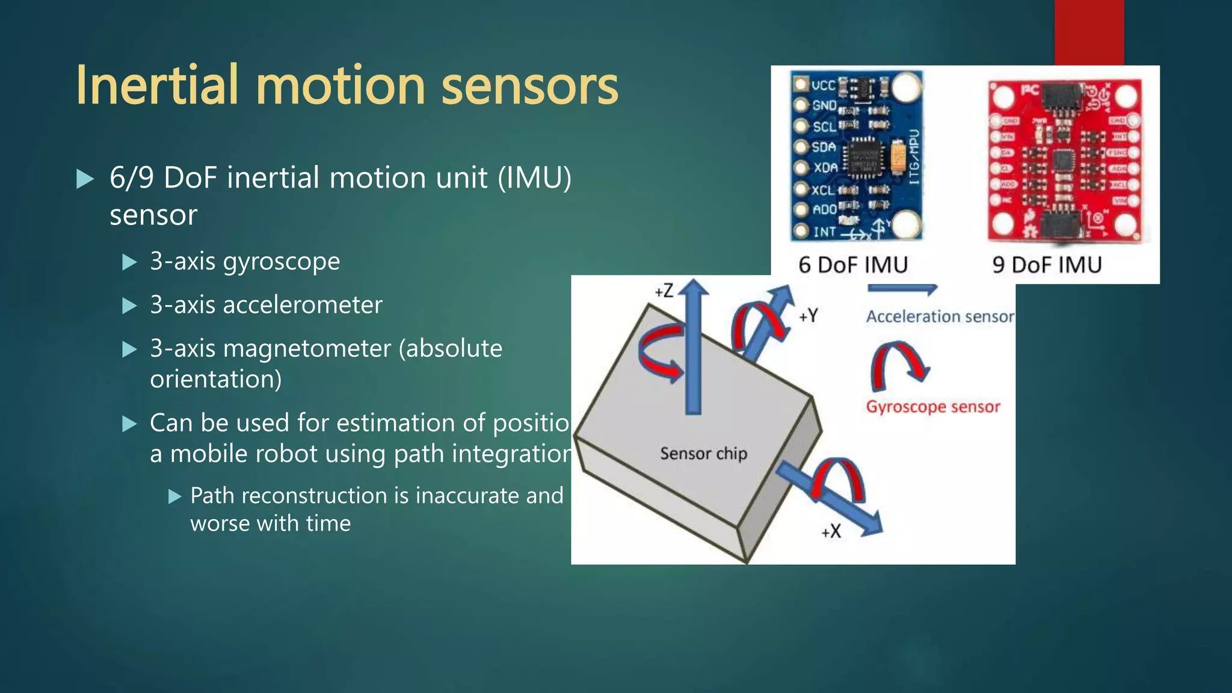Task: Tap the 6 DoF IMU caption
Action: [852, 265]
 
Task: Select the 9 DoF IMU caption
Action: [1047, 265]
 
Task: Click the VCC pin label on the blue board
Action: [823, 85]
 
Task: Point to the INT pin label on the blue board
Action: [824, 232]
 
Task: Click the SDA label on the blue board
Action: [824, 147]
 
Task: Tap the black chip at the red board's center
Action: [1063, 160]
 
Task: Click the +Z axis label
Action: [664, 291]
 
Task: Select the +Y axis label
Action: [808, 315]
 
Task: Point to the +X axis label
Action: [831, 531]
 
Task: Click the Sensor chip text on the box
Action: [703, 453]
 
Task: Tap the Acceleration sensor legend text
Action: [939, 316]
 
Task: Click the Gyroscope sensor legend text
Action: [932, 407]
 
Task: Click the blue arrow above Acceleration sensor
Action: [902, 289]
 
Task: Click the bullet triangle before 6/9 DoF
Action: [85, 179]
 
